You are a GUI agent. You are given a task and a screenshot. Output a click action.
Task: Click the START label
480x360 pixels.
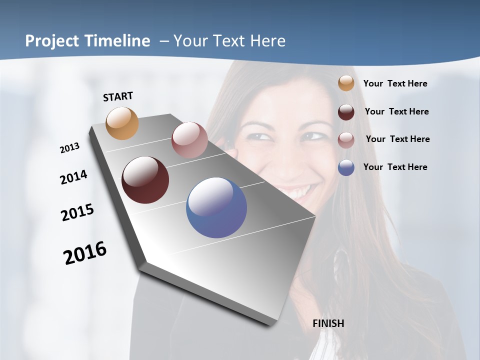pyautogui.click(x=118, y=96)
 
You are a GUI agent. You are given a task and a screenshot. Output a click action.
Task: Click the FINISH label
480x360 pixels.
pyautogui.click(x=328, y=323)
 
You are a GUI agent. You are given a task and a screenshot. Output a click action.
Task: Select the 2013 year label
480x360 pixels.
pyautogui.click(x=69, y=147)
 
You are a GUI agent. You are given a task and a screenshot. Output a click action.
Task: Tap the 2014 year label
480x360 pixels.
pyautogui.click(x=73, y=177)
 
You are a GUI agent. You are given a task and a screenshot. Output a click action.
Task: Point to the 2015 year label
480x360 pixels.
pyautogui.click(x=77, y=212)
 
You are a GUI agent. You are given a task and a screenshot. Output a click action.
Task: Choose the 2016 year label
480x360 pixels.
pyautogui.click(x=85, y=252)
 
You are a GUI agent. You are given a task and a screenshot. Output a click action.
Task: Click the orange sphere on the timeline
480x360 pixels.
pyautogui.click(x=122, y=123)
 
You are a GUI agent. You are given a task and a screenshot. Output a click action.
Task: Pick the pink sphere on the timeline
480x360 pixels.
pyautogui.click(x=189, y=140)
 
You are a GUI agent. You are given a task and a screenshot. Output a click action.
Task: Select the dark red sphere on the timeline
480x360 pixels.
pyautogui.click(x=145, y=180)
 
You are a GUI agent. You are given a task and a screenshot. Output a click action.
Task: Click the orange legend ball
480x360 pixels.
pyautogui.click(x=346, y=83)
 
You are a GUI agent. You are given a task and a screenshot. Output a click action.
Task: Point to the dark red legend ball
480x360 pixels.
pyautogui.click(x=346, y=112)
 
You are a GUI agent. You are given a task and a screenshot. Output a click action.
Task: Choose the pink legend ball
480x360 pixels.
pyautogui.click(x=346, y=140)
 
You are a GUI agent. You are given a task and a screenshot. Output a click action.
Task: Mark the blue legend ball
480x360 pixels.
pyautogui.click(x=346, y=167)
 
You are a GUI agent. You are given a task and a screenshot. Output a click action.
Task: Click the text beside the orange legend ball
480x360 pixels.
pyautogui.click(x=395, y=83)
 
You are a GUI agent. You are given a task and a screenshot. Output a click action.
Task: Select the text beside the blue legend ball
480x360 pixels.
pyautogui.click(x=395, y=167)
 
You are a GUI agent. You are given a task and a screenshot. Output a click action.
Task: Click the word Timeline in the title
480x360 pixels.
pyautogui.click(x=119, y=41)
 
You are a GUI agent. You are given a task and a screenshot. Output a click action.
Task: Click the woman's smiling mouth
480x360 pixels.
pyautogui.click(x=298, y=191)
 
